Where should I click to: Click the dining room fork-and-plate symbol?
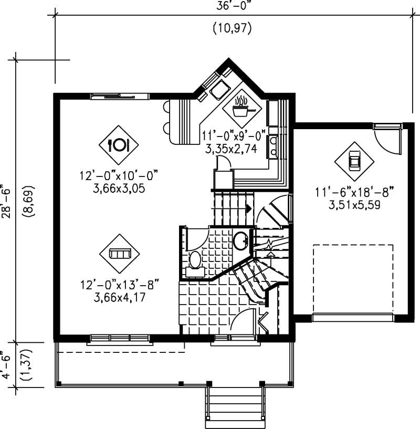119,144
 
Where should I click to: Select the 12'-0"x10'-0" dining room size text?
119,175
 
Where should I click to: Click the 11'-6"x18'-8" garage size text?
354,193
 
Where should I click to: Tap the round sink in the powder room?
241,241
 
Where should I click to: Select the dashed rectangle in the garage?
352,278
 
